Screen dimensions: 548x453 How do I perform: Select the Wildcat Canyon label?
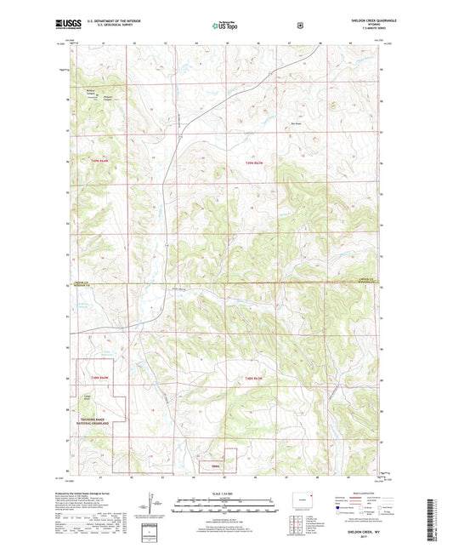tap(91, 91)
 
